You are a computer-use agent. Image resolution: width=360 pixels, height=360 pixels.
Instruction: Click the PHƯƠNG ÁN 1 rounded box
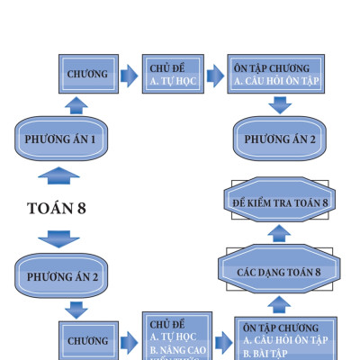pyautogui.click(x=60, y=139)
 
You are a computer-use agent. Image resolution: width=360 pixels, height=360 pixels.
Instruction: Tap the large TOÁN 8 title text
pyautogui.click(x=57, y=208)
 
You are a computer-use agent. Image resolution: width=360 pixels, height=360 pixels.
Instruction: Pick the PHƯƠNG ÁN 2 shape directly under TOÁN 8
pyautogui.click(x=60, y=275)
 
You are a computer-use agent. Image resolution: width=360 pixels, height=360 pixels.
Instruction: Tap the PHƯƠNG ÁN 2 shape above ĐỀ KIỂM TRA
pyautogui.click(x=279, y=139)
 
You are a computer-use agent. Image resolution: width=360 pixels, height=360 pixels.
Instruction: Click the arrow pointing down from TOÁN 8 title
pyautogui.click(x=58, y=238)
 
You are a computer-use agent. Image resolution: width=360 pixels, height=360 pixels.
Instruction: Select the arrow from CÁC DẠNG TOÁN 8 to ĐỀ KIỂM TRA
pyautogui.click(x=279, y=234)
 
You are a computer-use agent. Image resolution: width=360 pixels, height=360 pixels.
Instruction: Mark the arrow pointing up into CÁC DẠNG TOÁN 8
pyautogui.click(x=279, y=306)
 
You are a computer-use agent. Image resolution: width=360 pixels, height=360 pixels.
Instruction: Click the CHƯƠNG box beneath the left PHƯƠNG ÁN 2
pyautogui.click(x=88, y=341)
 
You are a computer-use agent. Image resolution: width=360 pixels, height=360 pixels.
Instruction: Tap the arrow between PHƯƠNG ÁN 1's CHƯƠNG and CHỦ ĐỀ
pyautogui.click(x=129, y=74)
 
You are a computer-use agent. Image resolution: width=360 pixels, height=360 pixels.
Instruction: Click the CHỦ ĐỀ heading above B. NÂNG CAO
pyautogui.click(x=167, y=324)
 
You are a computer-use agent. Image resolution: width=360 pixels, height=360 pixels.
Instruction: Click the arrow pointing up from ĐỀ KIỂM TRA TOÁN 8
pyautogui.click(x=279, y=171)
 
